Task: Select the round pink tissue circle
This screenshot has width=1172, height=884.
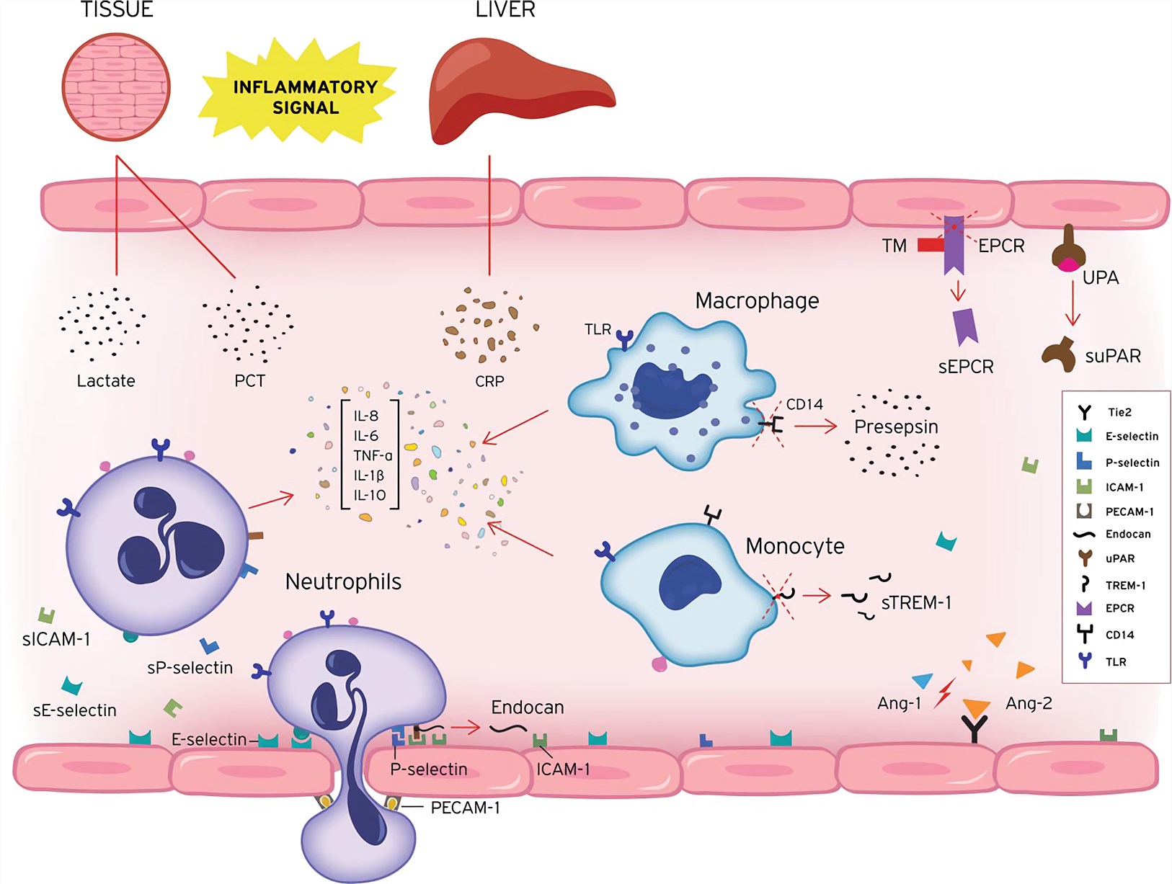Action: [x=116, y=87]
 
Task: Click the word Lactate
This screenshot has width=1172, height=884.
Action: [x=106, y=381]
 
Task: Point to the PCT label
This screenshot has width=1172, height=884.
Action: [x=249, y=381]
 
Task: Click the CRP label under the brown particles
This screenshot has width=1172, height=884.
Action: [x=489, y=381]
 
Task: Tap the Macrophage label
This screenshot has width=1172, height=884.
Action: [x=757, y=301]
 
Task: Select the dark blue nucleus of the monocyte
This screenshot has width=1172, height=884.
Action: [x=690, y=583]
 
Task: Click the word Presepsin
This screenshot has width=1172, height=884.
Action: [x=896, y=427]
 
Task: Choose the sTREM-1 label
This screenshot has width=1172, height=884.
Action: [x=916, y=603]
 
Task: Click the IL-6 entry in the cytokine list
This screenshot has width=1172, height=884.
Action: [x=365, y=436]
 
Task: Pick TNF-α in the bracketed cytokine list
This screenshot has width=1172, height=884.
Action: [x=373, y=456]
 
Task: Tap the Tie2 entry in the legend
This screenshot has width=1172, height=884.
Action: [x=1119, y=413]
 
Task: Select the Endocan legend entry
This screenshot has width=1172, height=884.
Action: [x=1128, y=535]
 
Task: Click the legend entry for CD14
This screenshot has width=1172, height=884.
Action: [x=1119, y=635]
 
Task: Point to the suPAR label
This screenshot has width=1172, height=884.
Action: [x=1113, y=357]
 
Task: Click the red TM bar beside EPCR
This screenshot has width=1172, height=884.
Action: [x=930, y=246]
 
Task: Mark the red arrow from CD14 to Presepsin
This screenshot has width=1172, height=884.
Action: [x=815, y=427]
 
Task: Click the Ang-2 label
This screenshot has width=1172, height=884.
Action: [x=1029, y=703]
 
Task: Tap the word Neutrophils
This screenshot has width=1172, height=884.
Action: [x=343, y=582]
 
